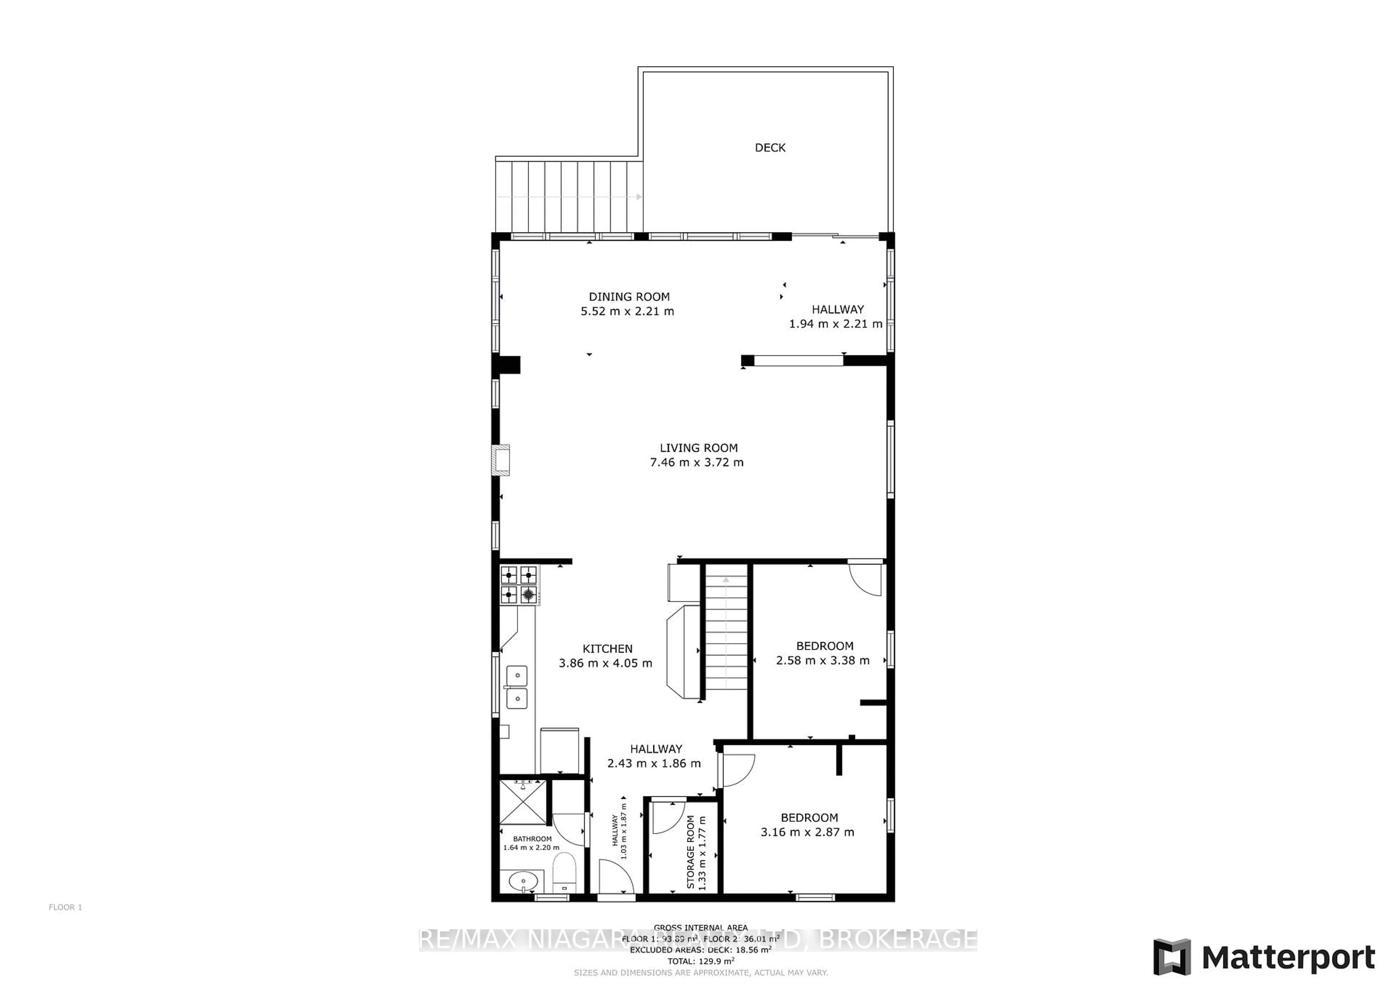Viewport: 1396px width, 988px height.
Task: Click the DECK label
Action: [770, 148]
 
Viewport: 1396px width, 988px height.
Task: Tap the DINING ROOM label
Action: [629, 297]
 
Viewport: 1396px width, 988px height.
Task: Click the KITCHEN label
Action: [607, 649]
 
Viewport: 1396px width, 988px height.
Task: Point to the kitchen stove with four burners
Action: [519, 585]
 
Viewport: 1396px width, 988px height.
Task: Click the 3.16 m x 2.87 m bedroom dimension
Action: [807, 832]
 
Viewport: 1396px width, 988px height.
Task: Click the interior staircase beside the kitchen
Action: [726, 633]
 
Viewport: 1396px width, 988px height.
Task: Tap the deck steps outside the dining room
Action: [569, 196]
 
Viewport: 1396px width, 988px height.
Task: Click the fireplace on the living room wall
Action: [502, 459]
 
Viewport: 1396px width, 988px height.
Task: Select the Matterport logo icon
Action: [1172, 957]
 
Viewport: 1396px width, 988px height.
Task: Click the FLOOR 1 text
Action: [65, 907]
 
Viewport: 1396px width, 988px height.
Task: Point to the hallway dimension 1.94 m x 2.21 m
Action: [835, 324]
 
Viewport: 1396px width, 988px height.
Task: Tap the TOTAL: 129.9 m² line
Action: [701, 961]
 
